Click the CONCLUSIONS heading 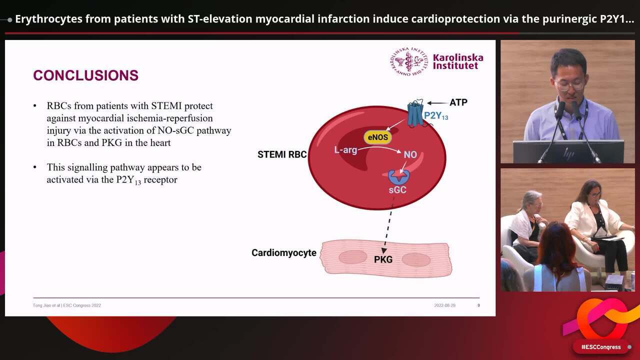point(85,75)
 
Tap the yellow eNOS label point(377,137)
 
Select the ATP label point(458,102)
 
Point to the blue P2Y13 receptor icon point(415,113)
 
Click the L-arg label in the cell point(345,149)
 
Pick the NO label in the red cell point(410,154)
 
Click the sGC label point(397,190)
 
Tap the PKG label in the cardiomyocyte point(383,259)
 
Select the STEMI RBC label point(282,154)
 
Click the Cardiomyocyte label point(283,253)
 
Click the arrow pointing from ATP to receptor point(437,103)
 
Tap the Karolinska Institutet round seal point(409,61)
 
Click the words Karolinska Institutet point(457,61)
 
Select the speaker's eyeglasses point(570,85)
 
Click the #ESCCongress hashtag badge point(601,346)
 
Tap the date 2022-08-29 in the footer point(445,305)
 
